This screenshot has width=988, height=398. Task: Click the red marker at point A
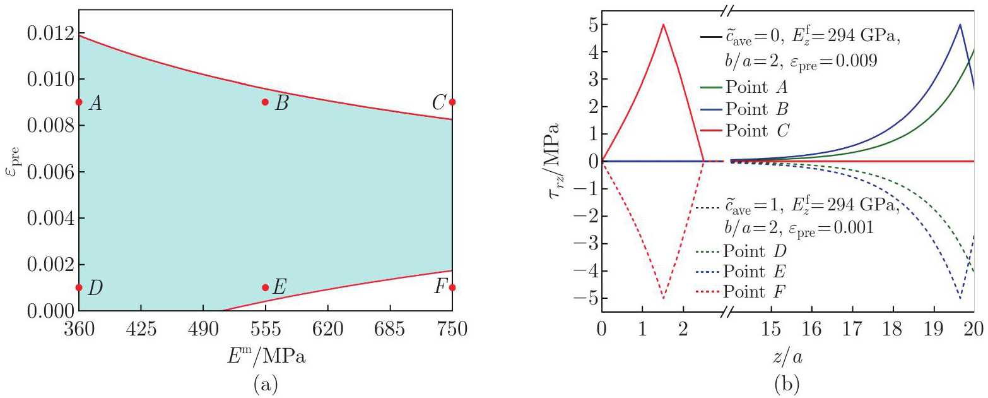click(x=79, y=102)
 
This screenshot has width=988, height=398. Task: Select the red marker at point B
click(x=265, y=102)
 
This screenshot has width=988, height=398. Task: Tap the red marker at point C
click(x=452, y=102)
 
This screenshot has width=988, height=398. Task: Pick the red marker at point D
click(x=79, y=287)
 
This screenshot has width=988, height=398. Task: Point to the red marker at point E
click(x=265, y=287)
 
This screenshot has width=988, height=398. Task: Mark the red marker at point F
click(x=452, y=287)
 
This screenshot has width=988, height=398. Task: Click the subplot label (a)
click(x=265, y=383)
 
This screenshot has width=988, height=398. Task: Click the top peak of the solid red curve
click(x=663, y=25)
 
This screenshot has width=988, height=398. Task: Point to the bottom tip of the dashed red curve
click(x=663, y=298)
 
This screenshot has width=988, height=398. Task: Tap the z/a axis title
click(x=787, y=357)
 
